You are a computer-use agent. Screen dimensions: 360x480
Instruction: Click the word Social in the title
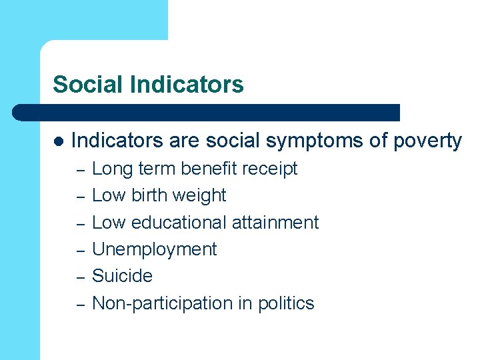[89, 85]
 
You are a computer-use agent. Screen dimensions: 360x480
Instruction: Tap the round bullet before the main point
[58, 141]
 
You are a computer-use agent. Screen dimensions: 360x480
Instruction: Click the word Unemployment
[154, 249]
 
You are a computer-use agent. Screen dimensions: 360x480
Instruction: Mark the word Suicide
[122, 276]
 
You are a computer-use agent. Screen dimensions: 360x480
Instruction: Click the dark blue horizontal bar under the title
[207, 113]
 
